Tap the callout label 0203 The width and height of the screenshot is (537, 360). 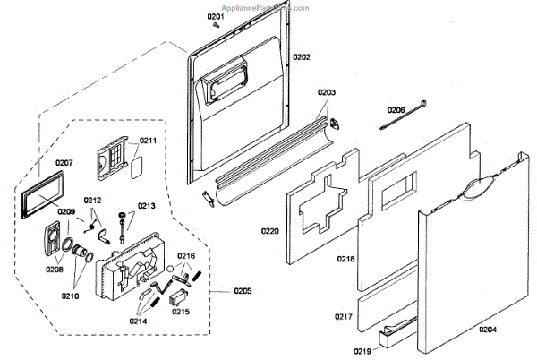(326, 92)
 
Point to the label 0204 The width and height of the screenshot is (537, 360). (488, 330)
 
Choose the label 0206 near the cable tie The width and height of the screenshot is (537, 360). (396, 110)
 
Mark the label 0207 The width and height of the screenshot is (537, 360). (64, 163)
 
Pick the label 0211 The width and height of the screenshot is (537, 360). (148, 141)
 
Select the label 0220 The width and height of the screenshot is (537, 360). (269, 230)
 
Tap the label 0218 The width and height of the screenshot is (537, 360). (345, 259)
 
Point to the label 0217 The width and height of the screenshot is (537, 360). (345, 317)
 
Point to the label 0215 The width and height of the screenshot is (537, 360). (181, 312)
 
